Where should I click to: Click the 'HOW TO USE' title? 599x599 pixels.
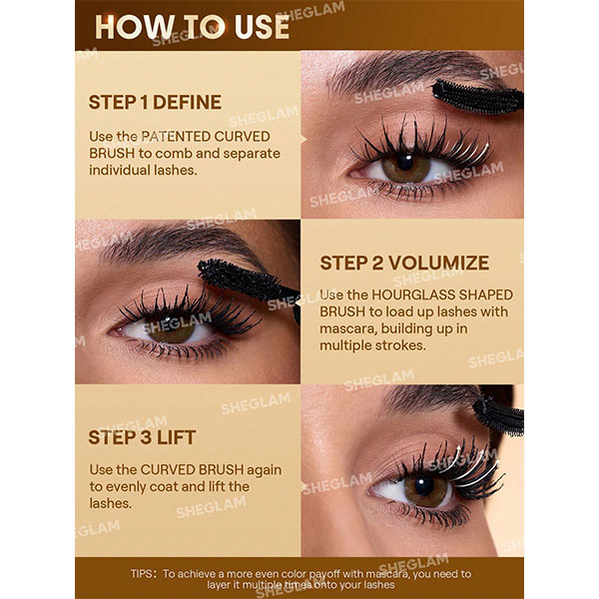tap(192, 27)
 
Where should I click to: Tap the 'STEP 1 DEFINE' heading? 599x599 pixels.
tap(155, 103)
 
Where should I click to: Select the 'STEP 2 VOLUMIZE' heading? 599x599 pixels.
tap(404, 263)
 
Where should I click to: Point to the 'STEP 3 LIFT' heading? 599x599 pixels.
tap(142, 437)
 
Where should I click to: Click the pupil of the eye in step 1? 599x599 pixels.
tap(405, 162)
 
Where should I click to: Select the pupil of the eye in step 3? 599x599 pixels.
tap(424, 486)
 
